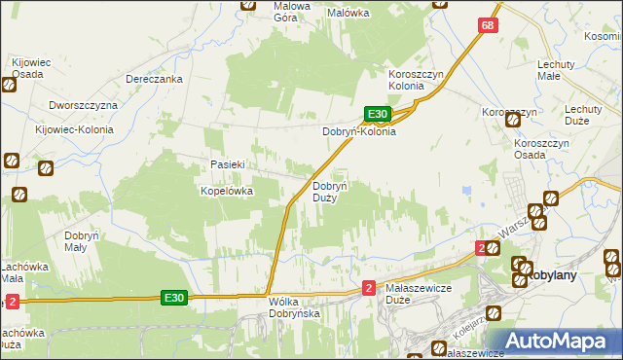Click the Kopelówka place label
tap(227, 192)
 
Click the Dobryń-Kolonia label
tap(359, 131)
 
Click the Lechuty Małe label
tap(563, 71)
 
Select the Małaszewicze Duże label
tap(421, 295)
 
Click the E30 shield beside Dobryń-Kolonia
tap(379, 114)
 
